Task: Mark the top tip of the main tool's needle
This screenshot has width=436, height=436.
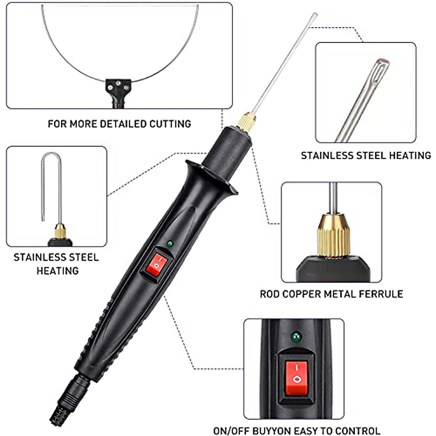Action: coord(315,15)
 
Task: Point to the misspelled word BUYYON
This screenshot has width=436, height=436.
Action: coord(276,431)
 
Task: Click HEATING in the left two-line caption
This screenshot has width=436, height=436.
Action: coord(57,271)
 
